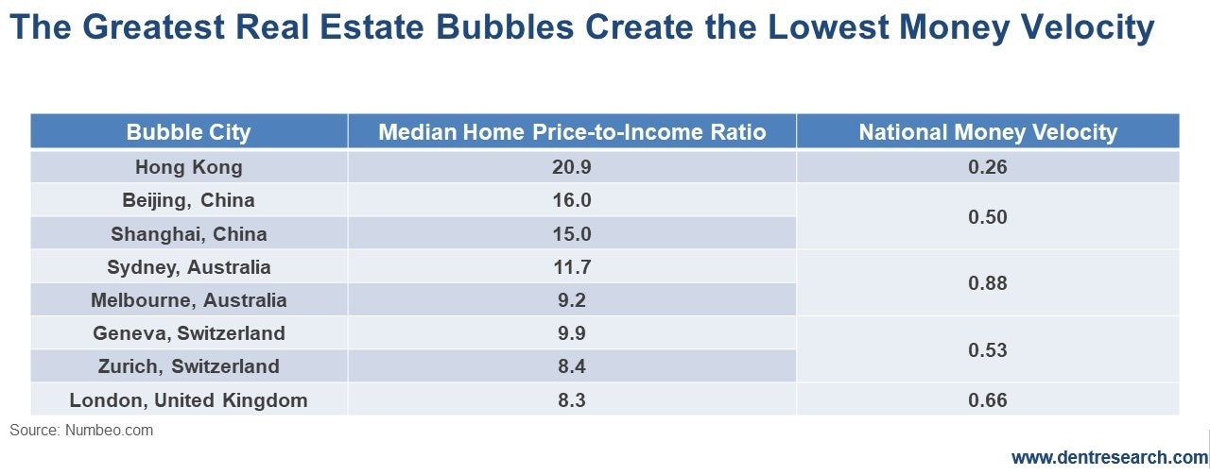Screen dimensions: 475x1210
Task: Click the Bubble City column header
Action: (x=189, y=132)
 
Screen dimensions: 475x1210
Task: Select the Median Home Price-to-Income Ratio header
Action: (x=572, y=132)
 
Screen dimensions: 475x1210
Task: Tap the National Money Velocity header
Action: (x=988, y=132)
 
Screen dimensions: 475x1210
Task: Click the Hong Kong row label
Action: (x=189, y=167)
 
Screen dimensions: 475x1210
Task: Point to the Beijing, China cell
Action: (x=189, y=200)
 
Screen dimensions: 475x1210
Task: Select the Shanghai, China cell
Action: (x=189, y=234)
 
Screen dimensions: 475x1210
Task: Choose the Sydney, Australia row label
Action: (x=189, y=267)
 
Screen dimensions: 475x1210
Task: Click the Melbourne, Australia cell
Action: (x=189, y=300)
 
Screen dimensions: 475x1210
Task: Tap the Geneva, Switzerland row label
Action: (x=189, y=333)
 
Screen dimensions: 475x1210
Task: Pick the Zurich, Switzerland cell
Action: (x=189, y=366)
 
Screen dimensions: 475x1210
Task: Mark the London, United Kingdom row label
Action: (x=189, y=400)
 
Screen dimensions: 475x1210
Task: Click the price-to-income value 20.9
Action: (x=573, y=167)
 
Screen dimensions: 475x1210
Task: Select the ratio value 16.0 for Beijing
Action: (x=573, y=200)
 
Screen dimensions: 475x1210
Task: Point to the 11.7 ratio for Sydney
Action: (x=573, y=267)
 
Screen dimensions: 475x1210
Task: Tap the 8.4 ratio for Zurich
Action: (x=573, y=366)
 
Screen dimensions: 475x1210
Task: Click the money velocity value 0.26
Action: (x=988, y=167)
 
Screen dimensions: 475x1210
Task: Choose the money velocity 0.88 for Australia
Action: (x=988, y=283)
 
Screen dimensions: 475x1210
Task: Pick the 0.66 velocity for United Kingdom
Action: (x=988, y=400)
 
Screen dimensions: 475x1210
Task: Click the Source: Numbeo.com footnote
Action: (x=81, y=431)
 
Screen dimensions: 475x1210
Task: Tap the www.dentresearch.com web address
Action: (x=1109, y=458)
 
